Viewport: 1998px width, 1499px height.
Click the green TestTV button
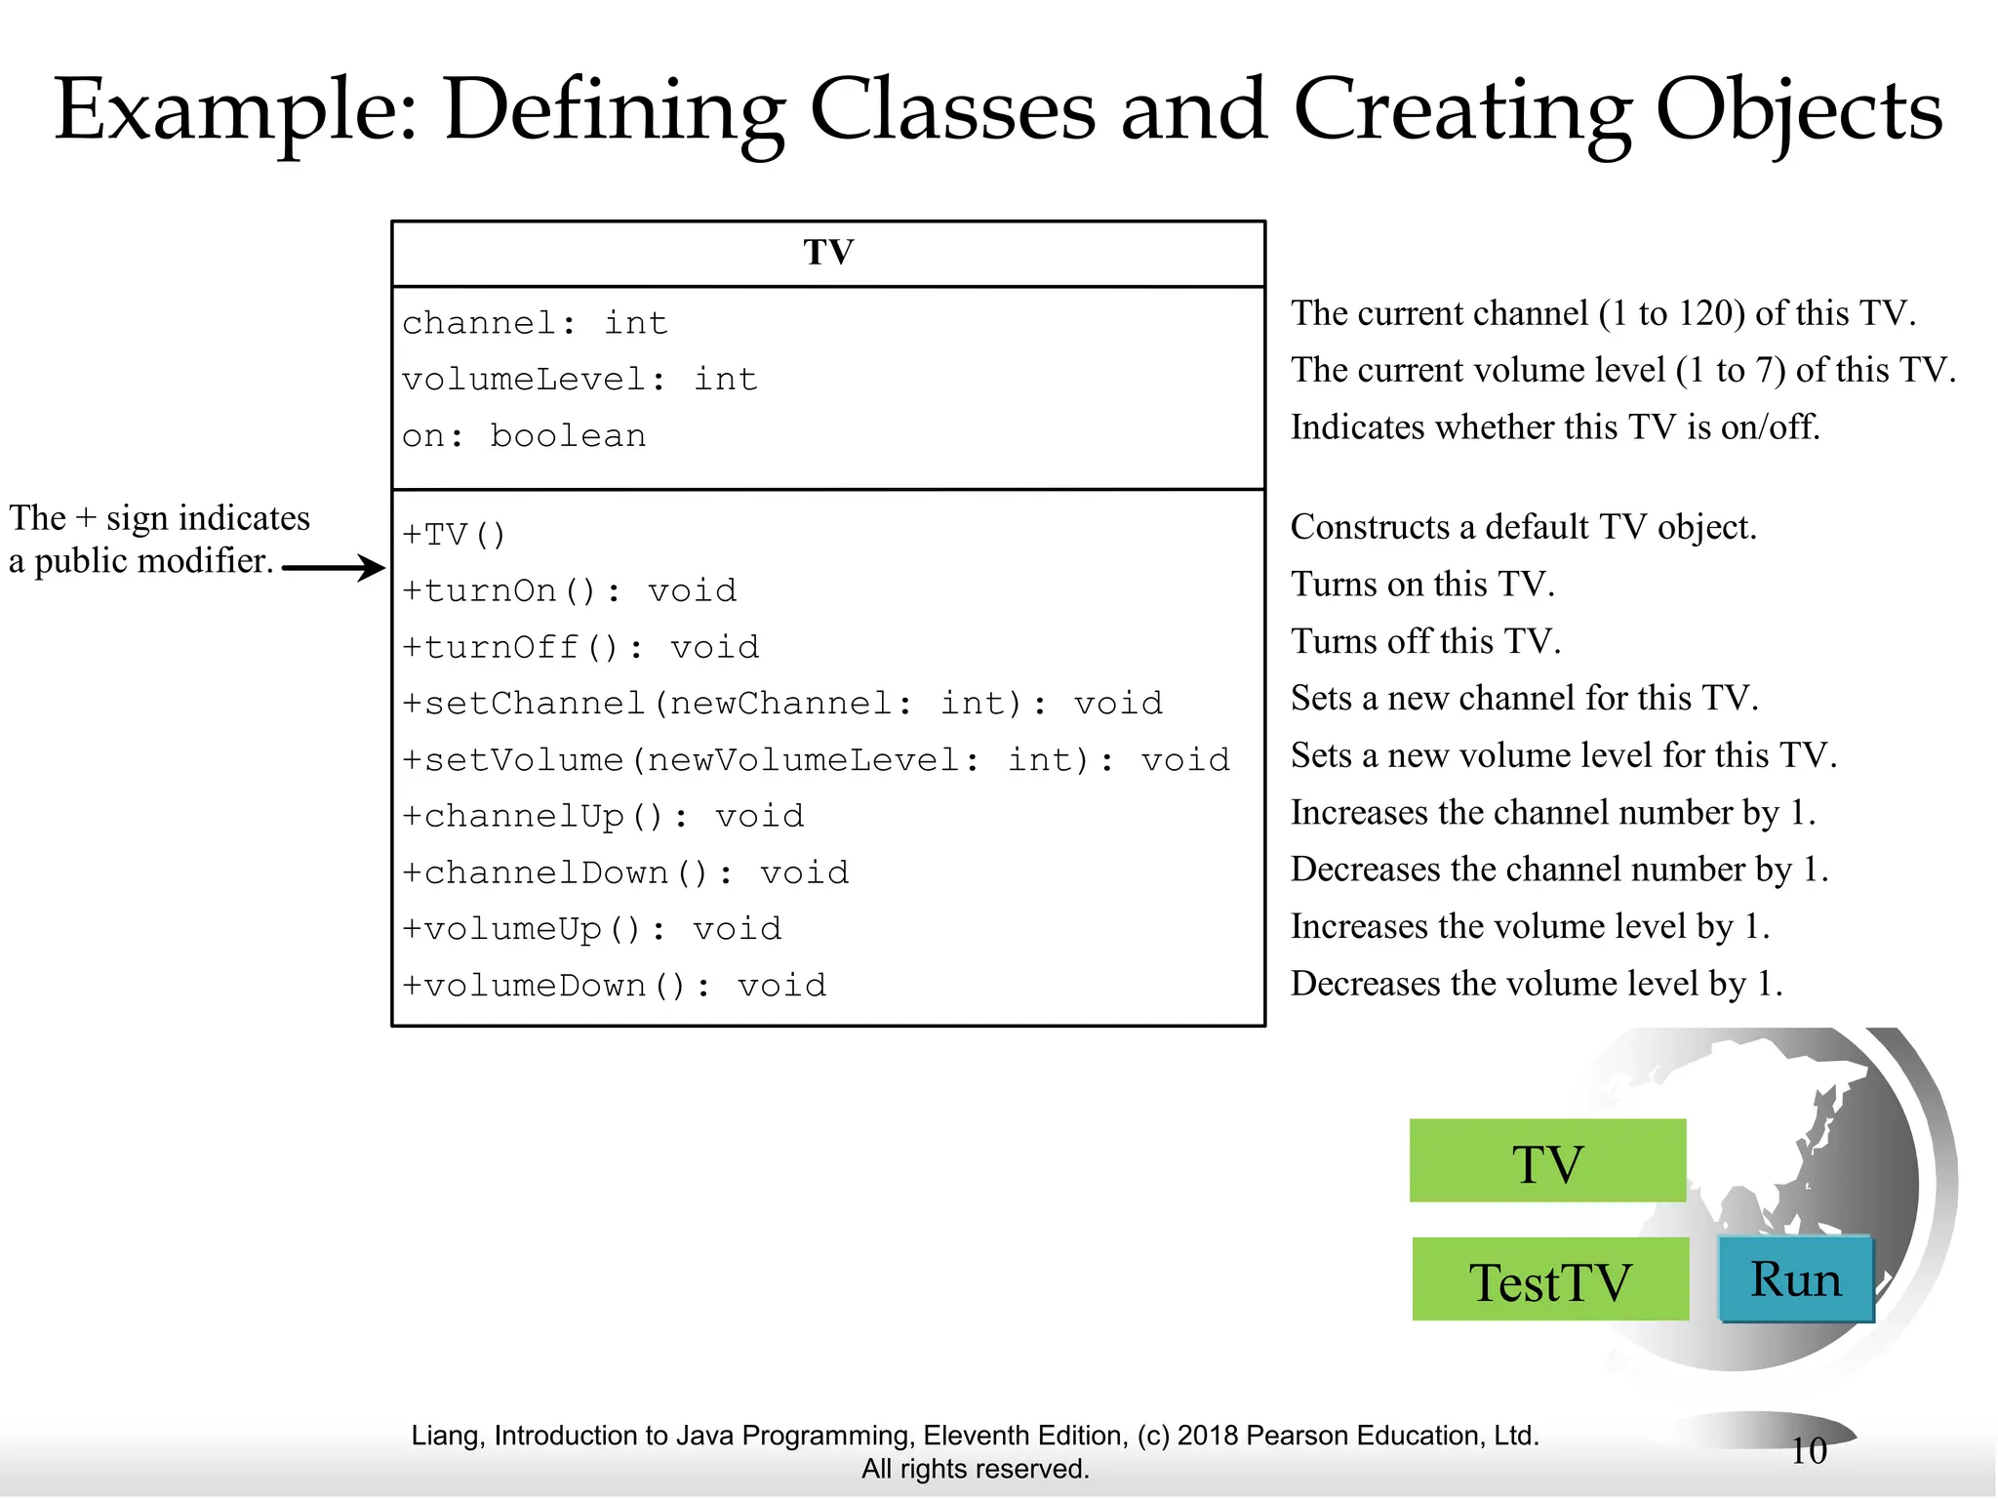pyautogui.click(x=1549, y=1279)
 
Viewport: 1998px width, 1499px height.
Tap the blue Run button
pyautogui.click(x=1795, y=1279)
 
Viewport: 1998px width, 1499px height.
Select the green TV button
pyautogui.click(x=1547, y=1160)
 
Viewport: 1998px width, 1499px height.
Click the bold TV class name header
pyautogui.click(x=828, y=253)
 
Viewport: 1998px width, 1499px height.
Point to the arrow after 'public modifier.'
pyautogui.click(x=334, y=567)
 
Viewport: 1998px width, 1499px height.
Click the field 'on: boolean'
pyautogui.click(x=524, y=436)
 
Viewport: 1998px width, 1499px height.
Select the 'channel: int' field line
pyautogui.click(x=535, y=323)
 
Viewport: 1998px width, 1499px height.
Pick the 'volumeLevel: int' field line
pyautogui.click(x=579, y=380)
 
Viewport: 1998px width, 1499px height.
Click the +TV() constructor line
pyautogui.click(x=455, y=535)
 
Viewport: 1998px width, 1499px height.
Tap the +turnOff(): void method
pyautogui.click(x=580, y=647)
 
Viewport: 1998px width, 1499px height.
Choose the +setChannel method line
pyautogui.click(x=782, y=704)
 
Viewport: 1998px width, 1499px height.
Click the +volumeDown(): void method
pyautogui.click(x=615, y=986)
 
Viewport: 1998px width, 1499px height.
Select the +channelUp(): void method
pyautogui.click(x=603, y=816)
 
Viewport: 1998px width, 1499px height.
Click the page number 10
pyautogui.click(x=1808, y=1451)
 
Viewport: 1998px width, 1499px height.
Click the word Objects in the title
pyautogui.click(x=1799, y=109)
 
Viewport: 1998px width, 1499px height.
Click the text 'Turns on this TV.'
pyautogui.click(x=1422, y=584)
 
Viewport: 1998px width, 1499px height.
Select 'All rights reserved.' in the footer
pyautogui.click(x=975, y=1469)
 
